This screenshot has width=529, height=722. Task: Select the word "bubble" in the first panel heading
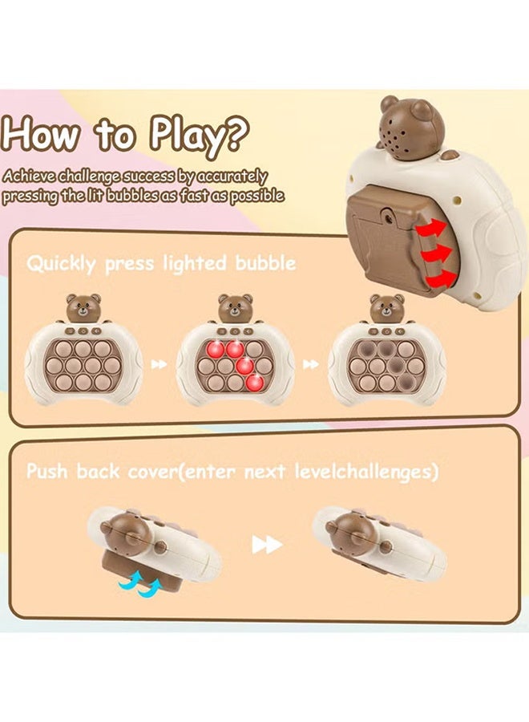pos(265,264)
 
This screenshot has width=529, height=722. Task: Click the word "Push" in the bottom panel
pos(47,471)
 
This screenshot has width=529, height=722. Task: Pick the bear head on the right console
pos(386,308)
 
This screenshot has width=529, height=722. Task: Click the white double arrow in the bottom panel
pos(267,545)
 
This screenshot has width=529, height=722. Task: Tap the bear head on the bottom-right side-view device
pos(353,530)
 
